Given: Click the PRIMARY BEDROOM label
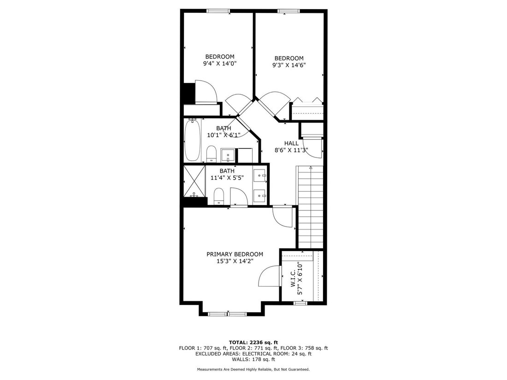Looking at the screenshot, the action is tap(235, 254).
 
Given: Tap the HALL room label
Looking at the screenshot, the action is tap(291, 143).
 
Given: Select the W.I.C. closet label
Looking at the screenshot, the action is tap(293, 279).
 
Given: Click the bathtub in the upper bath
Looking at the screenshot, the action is tap(192, 140).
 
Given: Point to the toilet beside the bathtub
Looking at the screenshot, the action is tap(211, 154).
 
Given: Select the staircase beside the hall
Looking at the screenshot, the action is tap(310, 207).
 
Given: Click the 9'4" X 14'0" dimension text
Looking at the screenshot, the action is tap(220, 64).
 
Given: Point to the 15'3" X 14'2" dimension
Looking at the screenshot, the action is tap(235, 261).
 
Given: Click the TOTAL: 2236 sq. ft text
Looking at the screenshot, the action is tap(253, 343).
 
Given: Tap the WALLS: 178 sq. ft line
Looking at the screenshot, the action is tap(253, 359).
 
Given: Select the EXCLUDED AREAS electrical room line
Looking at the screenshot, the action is tap(253, 354).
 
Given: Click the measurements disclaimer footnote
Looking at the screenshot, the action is tap(253, 369).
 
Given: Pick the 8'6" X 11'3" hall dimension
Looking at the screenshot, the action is tap(291, 150).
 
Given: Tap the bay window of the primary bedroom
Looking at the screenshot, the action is tap(227, 314).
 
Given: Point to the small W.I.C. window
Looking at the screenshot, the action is tap(301, 303).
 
